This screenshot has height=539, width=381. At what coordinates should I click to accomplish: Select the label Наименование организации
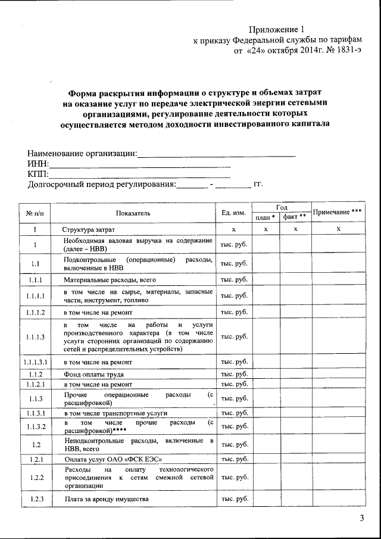pyautogui.click(x=82, y=154)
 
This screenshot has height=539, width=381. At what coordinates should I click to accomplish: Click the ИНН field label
pyautogui.click(x=38, y=164)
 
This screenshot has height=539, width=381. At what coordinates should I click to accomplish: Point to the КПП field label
pyautogui.click(x=38, y=174)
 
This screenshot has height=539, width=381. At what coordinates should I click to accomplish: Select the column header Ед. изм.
pyautogui.click(x=233, y=213)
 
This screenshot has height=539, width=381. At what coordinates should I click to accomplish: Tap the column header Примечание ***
pyautogui.click(x=338, y=212)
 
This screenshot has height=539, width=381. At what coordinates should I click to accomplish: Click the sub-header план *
pyautogui.click(x=265, y=217)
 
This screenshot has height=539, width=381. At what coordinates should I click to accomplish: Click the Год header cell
pyautogui.click(x=280, y=206)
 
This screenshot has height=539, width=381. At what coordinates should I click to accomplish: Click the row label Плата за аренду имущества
pyautogui.click(x=107, y=499)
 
